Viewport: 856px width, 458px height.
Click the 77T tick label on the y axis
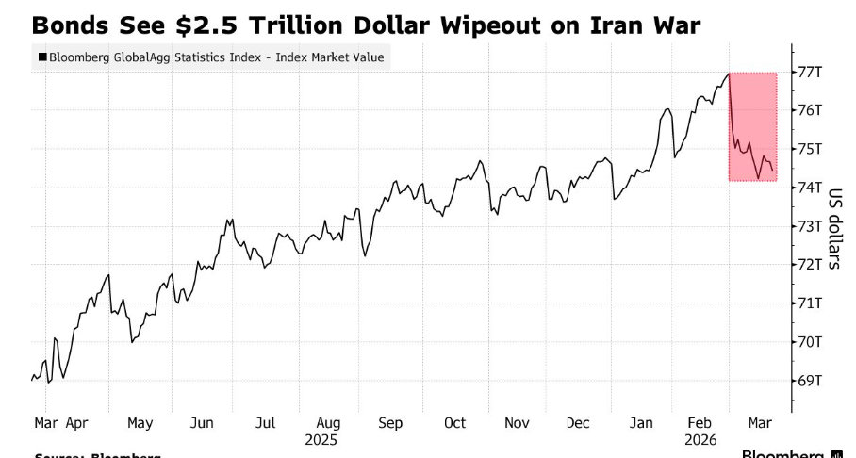tap(811, 72)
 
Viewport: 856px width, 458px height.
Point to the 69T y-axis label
tap(811, 381)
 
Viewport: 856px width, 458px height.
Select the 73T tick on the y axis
tap(811, 226)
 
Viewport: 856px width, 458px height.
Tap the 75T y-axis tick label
tap(811, 149)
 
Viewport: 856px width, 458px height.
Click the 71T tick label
tap(811, 303)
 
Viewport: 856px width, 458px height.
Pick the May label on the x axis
tap(140, 423)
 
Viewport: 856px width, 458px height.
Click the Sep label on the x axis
tap(390, 423)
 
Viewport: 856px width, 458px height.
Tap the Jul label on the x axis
tap(266, 423)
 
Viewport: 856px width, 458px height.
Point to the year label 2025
tap(321, 439)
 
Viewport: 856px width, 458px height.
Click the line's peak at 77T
tap(729, 73)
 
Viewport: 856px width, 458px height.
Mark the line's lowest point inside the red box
tap(758, 178)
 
